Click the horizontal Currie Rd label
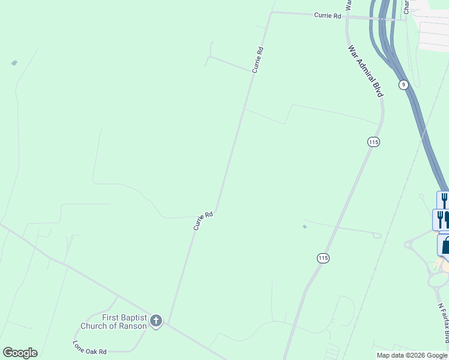[x=327, y=16]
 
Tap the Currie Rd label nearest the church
[x=203, y=221]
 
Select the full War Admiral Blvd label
[x=366, y=71]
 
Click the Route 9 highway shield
[x=404, y=85]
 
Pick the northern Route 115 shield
[x=373, y=142]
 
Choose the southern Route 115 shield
[x=324, y=258]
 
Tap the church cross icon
[x=156, y=321]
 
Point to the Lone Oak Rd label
[x=89, y=347]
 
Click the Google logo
[x=20, y=352]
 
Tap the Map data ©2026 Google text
[x=411, y=355]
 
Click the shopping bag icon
[x=445, y=245]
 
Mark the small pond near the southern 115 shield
[x=305, y=226]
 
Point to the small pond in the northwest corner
[x=14, y=62]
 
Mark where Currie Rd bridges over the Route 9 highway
[x=382, y=18]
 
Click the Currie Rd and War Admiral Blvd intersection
[x=348, y=17]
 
